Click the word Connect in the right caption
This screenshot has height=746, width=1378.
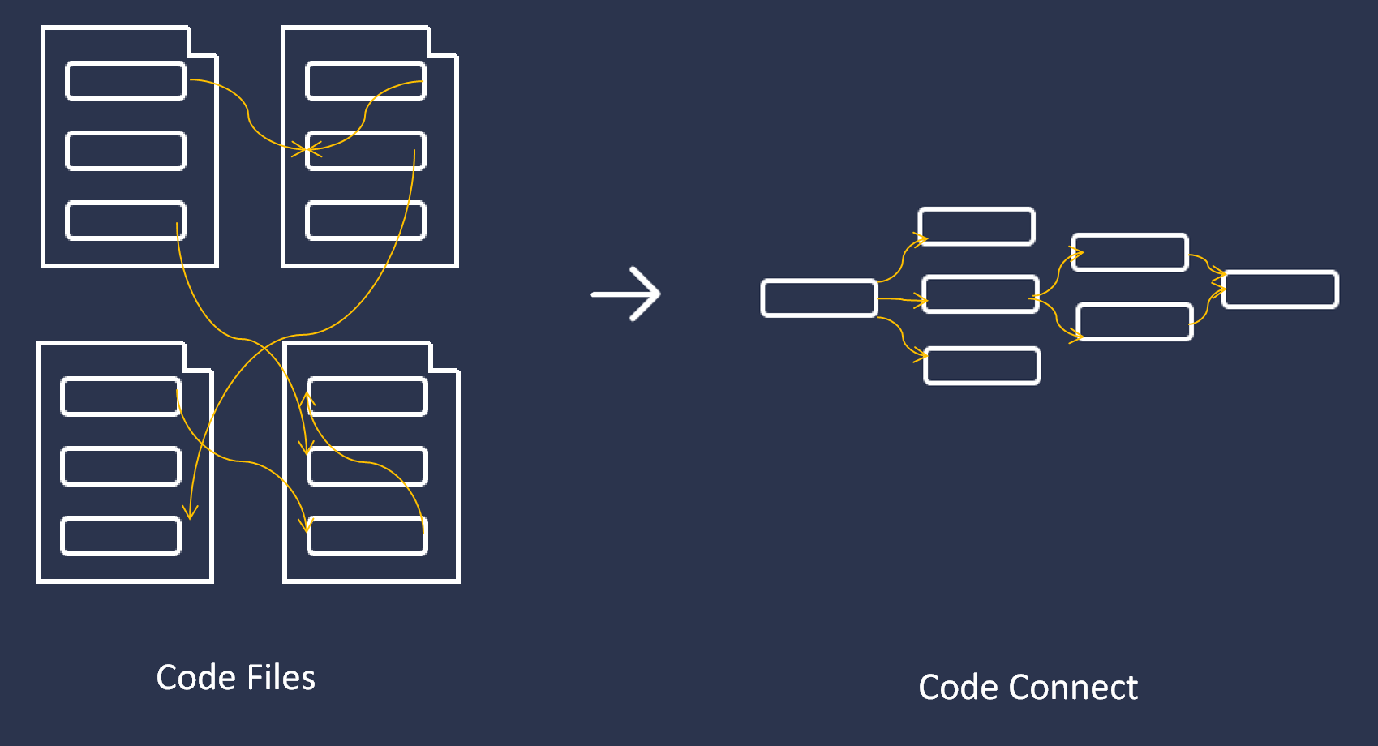coord(1072,688)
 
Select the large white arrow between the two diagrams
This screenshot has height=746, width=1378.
coord(626,294)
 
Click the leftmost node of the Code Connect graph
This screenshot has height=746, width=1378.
coord(819,298)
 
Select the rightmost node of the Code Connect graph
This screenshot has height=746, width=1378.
coord(1280,289)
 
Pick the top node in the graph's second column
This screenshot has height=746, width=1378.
coord(977,226)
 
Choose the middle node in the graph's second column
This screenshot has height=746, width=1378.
coord(981,294)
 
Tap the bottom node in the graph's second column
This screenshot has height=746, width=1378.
coord(981,366)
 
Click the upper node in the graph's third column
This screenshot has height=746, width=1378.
coord(1130,252)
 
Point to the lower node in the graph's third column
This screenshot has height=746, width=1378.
coord(1135,321)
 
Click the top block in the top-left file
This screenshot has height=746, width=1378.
coord(126,81)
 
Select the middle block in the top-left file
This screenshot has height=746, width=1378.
coord(126,151)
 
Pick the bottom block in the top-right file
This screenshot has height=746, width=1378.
coord(366,221)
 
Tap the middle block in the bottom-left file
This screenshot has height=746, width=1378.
coord(121,466)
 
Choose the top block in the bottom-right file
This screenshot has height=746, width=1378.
coord(367,397)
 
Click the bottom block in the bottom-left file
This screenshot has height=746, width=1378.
coord(121,536)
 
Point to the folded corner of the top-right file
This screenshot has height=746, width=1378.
coord(443,41)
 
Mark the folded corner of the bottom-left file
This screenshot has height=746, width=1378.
coord(198,357)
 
